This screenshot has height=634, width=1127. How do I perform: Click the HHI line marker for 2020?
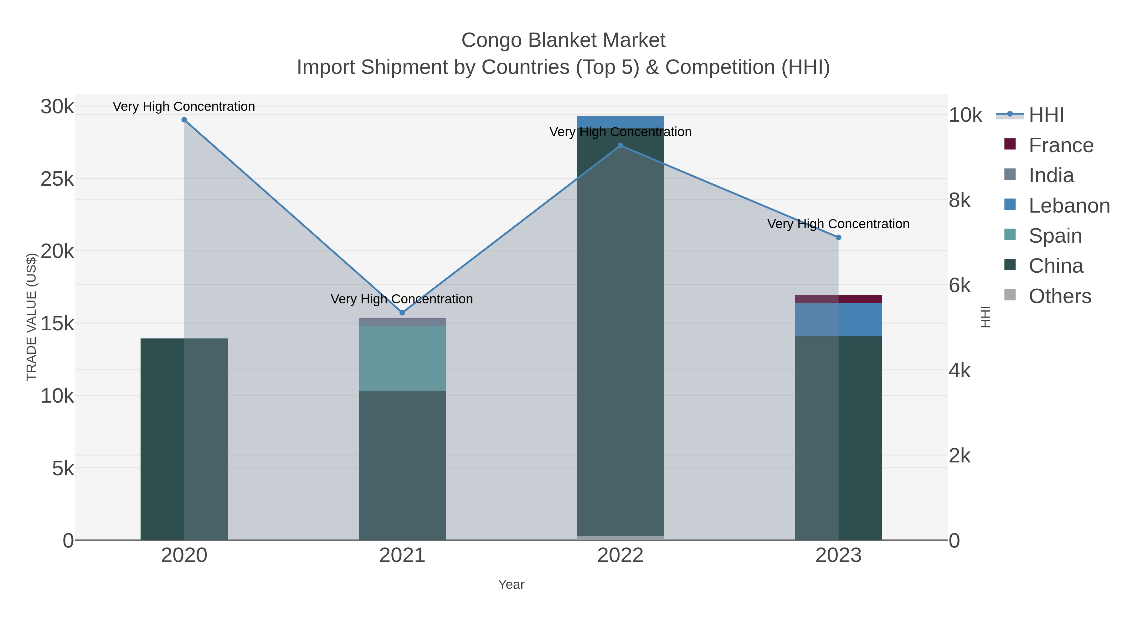pos(184,120)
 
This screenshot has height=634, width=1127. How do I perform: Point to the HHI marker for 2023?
pos(838,238)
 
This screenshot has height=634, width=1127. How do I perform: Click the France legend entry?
pos(1061,145)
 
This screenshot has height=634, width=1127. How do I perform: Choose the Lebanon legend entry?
pos(1069,206)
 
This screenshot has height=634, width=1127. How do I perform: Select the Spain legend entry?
pos(1055,236)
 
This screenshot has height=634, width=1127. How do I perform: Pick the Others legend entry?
pos(1059,296)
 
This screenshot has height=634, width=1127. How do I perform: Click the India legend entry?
pos(1051,175)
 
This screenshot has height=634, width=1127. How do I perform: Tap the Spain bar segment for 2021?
pos(402,359)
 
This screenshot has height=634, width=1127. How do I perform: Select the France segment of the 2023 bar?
pos(838,299)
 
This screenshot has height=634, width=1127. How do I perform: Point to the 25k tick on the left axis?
pos(57,179)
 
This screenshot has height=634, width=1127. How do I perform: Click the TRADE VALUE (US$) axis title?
pos(32,317)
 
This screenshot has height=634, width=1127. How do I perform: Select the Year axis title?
pos(511,585)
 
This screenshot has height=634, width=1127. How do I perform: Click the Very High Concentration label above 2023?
pos(838,224)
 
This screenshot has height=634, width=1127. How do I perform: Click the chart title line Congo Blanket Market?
pos(563,40)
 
